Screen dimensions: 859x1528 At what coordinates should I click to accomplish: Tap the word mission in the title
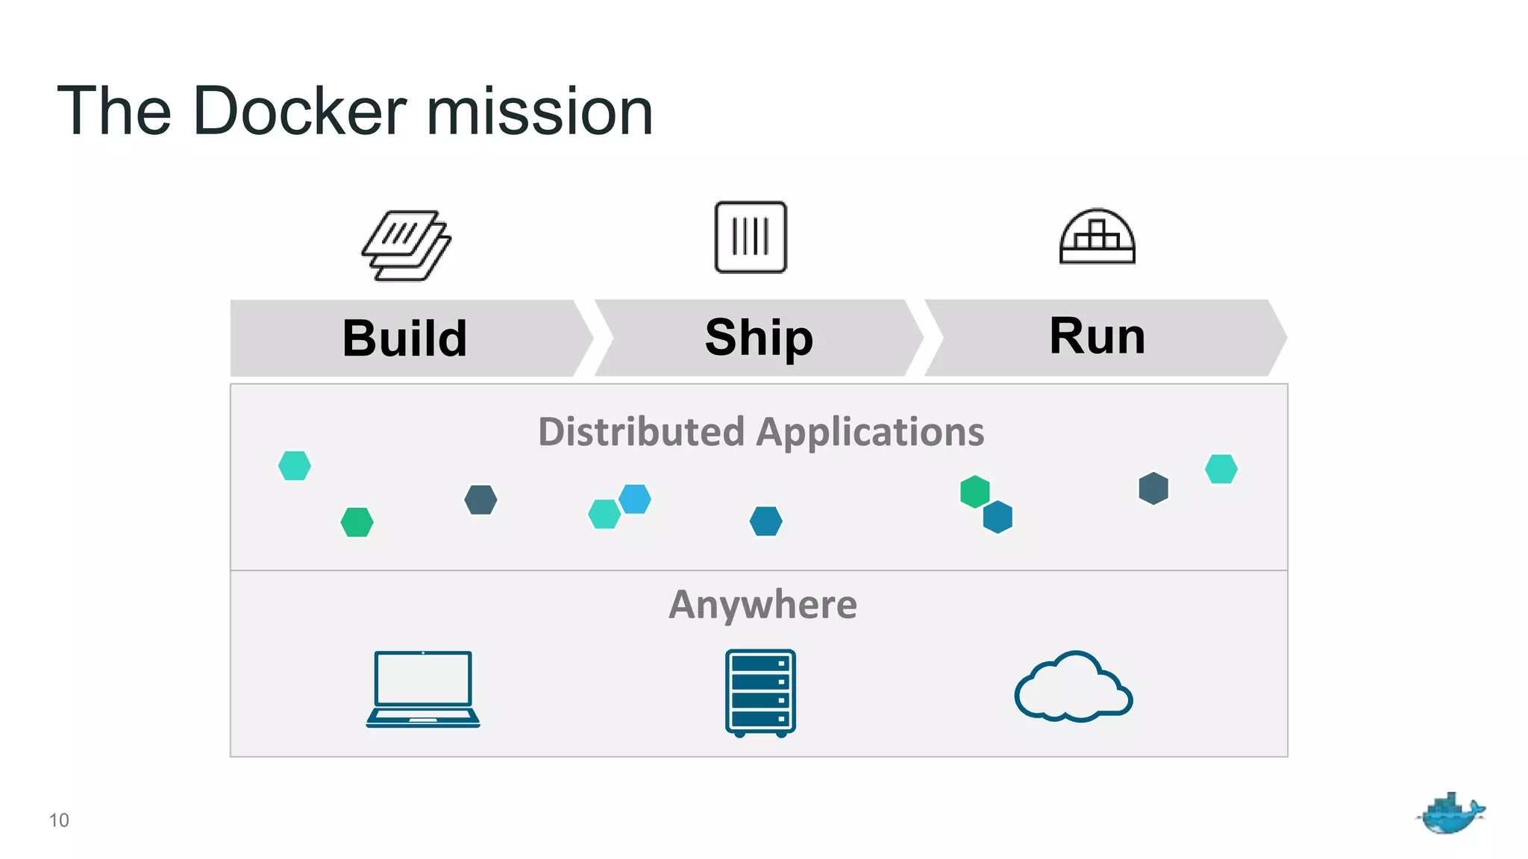coord(539,112)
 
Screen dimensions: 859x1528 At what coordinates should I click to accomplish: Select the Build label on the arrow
coord(404,339)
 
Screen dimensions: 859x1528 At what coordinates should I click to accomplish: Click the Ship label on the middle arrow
coord(759,338)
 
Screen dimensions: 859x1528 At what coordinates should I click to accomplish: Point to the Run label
coord(1097,336)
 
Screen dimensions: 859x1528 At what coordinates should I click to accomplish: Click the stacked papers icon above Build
coord(407,245)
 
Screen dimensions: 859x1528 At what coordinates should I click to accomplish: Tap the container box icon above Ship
coord(751,237)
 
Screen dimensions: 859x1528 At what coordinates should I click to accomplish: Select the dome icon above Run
coord(1097,236)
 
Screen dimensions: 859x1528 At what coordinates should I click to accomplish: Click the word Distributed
coord(641,432)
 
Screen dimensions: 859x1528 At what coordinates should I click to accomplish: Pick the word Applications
coord(871,432)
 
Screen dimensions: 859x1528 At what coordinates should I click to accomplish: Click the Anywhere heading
coord(763,605)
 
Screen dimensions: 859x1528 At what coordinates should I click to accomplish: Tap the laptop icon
coord(423,689)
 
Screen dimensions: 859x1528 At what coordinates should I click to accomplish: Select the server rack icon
coord(760,693)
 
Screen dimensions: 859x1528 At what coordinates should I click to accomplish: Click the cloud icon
coord(1073,687)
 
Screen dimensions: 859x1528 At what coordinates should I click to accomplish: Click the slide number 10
coord(59,820)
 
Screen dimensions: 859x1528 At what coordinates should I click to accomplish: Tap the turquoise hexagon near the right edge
coord(1221,469)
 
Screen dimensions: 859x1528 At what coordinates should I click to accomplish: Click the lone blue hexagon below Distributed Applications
coord(765,521)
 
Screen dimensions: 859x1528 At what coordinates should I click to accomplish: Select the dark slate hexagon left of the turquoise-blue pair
coord(480,500)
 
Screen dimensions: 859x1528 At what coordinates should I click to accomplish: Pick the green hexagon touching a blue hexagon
coord(974,491)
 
